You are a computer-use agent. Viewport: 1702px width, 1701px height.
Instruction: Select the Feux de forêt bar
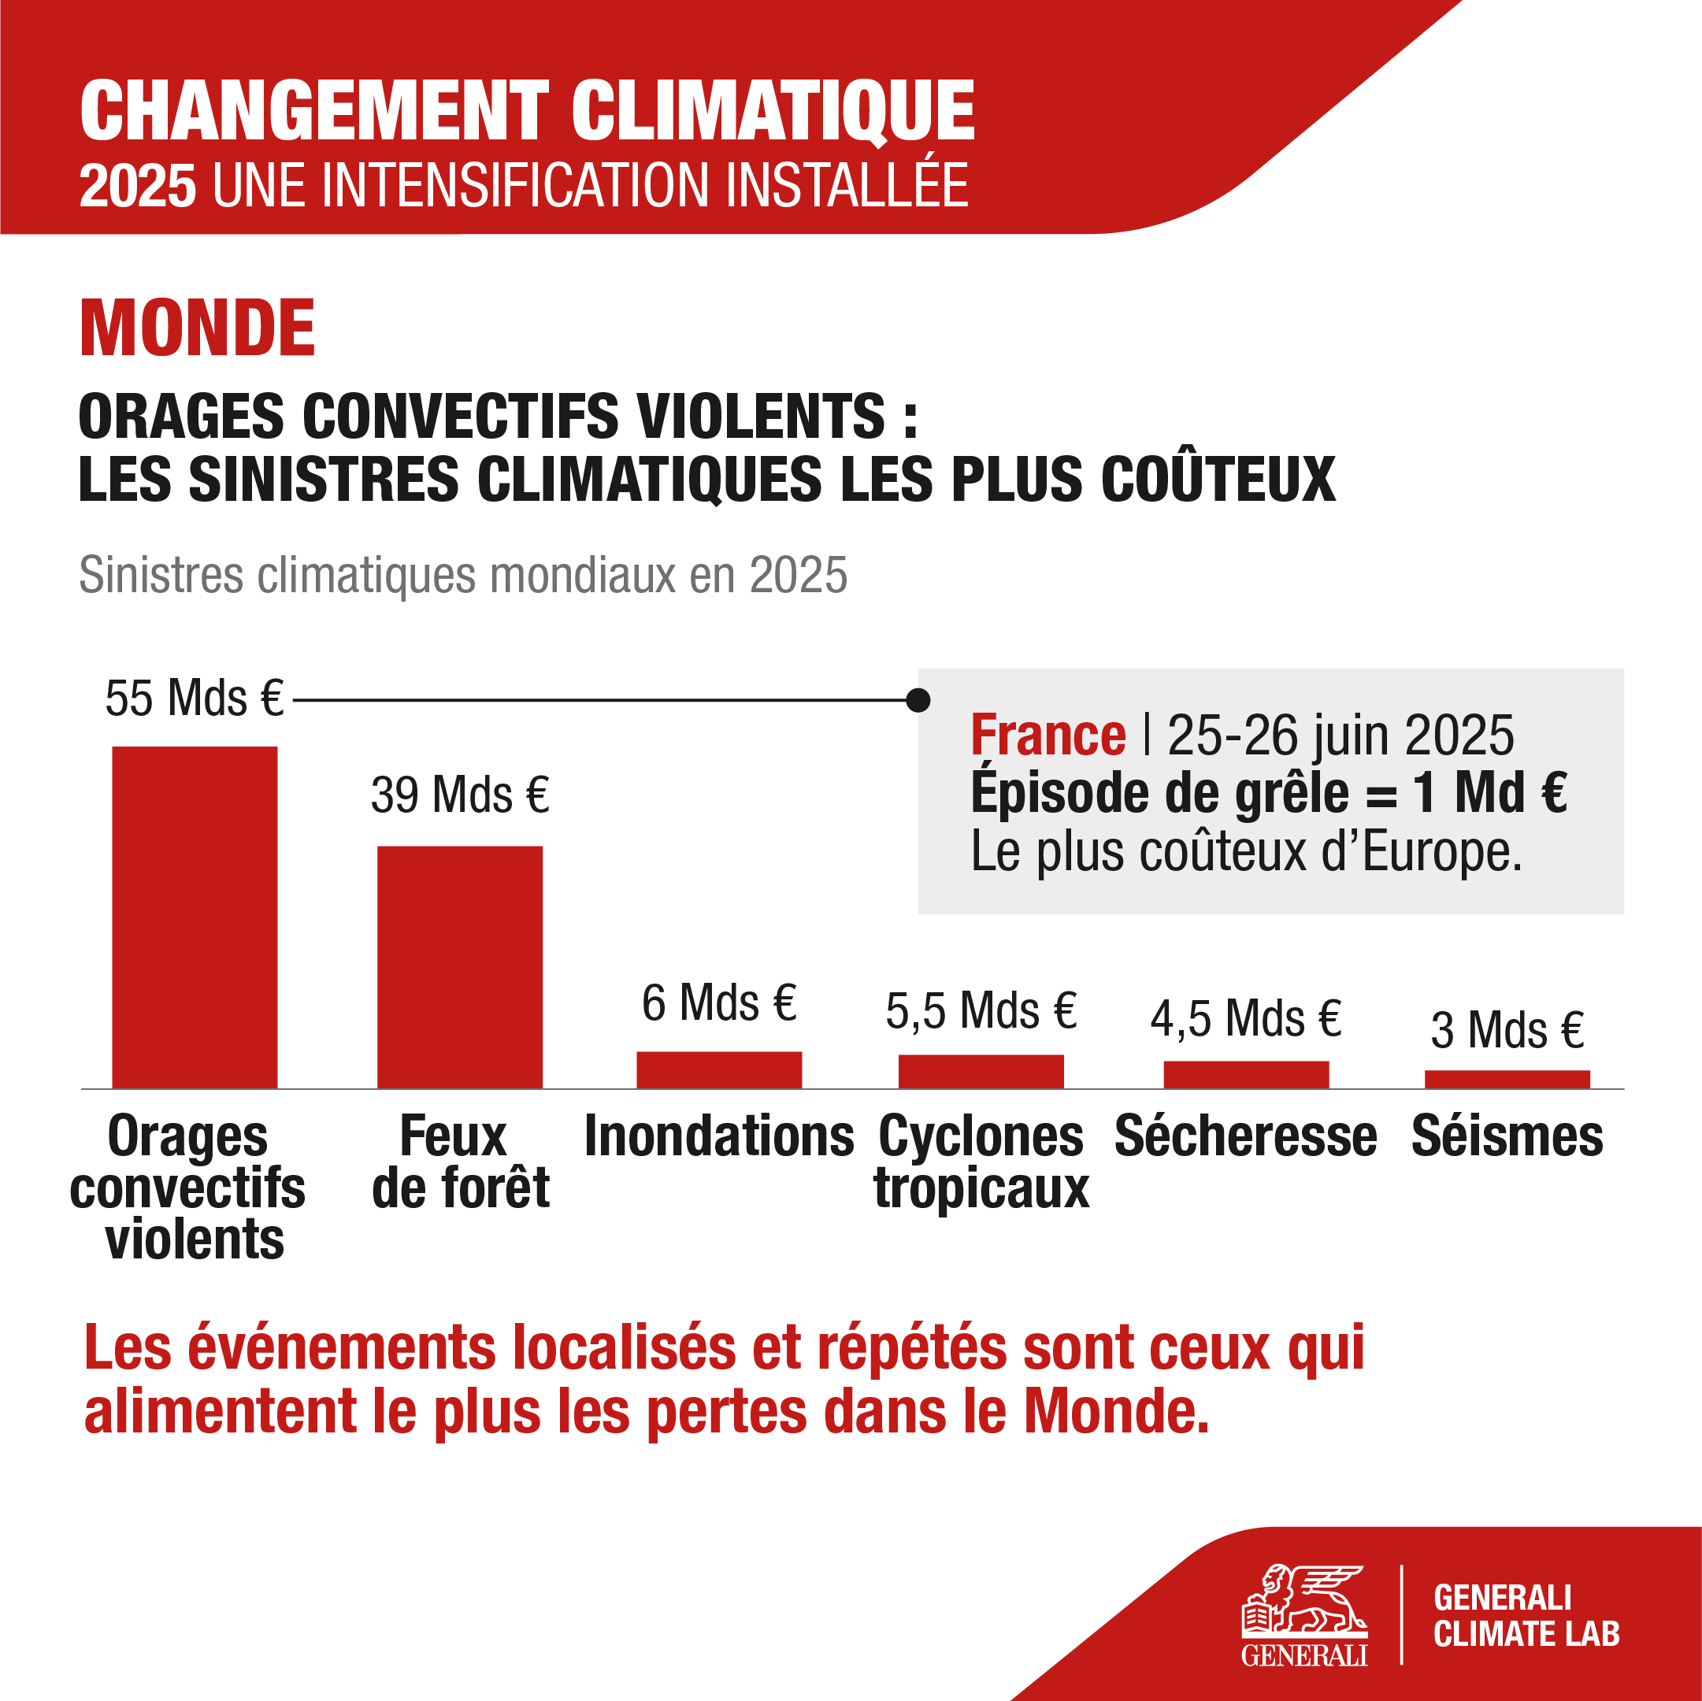460,966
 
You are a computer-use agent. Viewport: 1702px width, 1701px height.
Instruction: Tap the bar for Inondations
719,1069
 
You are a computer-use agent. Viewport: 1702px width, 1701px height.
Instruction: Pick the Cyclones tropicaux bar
981,1071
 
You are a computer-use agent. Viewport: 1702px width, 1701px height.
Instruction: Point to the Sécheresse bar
1246,1075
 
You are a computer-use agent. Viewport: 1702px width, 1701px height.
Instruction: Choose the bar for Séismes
1507,1079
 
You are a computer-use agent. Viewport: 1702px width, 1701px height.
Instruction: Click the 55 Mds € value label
194,699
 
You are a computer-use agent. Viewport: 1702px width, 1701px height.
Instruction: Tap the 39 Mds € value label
460,795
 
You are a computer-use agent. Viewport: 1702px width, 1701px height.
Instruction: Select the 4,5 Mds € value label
1246,1019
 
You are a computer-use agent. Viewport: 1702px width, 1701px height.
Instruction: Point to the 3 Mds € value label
1507,1030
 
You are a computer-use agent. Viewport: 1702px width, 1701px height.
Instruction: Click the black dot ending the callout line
918,700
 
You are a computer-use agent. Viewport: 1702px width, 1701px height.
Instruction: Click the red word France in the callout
1048,736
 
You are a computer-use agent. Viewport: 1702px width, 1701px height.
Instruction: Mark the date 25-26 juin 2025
1340,736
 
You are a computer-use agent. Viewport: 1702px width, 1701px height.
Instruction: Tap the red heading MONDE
198,328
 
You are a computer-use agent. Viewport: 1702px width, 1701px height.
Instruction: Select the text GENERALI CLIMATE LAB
1525,1617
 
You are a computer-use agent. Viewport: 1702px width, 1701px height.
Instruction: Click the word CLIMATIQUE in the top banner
773,112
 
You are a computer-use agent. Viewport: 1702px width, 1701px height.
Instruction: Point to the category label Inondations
719,1136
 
